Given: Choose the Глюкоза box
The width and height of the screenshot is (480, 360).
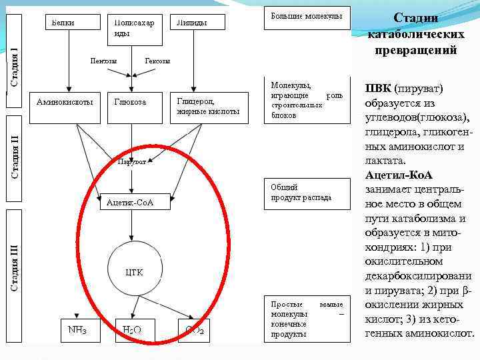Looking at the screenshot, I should pyautogui.click(x=134, y=106).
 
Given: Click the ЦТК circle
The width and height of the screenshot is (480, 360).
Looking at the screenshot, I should pyautogui.click(x=135, y=271).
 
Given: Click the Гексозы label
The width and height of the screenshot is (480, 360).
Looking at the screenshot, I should pyautogui.click(x=157, y=61).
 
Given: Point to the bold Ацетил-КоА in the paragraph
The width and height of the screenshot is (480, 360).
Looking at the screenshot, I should pyautogui.click(x=399, y=175).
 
